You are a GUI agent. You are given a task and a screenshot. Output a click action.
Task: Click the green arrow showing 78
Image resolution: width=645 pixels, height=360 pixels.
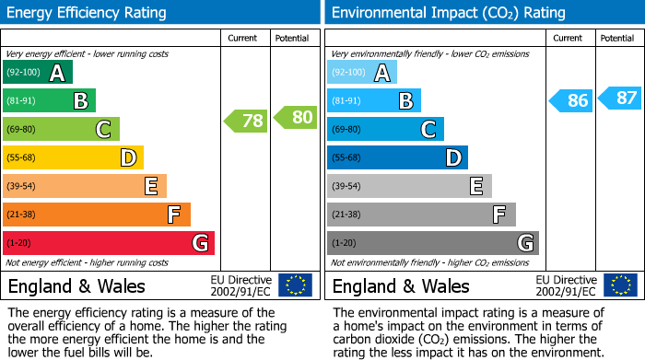click(x=246, y=121)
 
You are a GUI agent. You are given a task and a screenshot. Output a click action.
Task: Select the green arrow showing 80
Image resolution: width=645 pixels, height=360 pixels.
click(x=296, y=117)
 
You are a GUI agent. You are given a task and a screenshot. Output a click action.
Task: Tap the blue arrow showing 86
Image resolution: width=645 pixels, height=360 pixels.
click(x=571, y=101)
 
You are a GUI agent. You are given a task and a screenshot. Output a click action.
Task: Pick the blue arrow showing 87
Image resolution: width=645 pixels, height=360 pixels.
click(x=620, y=98)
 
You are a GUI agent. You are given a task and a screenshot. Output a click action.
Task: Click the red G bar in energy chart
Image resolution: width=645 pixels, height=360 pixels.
click(x=109, y=243)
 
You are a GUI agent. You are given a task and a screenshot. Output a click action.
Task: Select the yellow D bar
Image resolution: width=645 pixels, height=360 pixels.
click(x=74, y=157)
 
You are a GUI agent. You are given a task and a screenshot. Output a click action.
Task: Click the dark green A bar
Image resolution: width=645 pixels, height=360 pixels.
click(x=38, y=73)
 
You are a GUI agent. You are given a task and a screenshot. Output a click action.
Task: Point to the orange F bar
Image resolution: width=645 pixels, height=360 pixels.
click(x=97, y=215)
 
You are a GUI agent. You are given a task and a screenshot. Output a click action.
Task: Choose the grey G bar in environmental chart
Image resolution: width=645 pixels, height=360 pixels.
click(x=432, y=243)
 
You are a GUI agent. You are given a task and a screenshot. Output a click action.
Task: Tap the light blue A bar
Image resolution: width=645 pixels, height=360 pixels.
click(x=362, y=73)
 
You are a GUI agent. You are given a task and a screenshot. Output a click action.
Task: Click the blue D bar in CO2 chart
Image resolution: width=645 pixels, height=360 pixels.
click(x=397, y=157)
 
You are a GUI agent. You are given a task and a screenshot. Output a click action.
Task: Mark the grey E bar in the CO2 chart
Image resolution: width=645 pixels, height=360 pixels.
click(x=409, y=186)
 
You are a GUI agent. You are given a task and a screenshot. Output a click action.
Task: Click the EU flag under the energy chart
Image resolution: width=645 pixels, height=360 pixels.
click(x=296, y=285)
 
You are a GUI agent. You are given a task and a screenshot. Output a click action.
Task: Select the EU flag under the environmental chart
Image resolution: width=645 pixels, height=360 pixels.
click(x=620, y=285)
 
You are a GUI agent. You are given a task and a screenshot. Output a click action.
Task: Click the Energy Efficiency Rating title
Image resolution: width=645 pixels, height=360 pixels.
click(x=88, y=13)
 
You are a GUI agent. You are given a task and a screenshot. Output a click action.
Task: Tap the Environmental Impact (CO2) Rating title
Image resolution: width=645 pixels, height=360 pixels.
click(x=448, y=13)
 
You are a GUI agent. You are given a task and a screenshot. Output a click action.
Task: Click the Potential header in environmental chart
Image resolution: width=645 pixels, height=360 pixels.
click(x=617, y=38)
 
